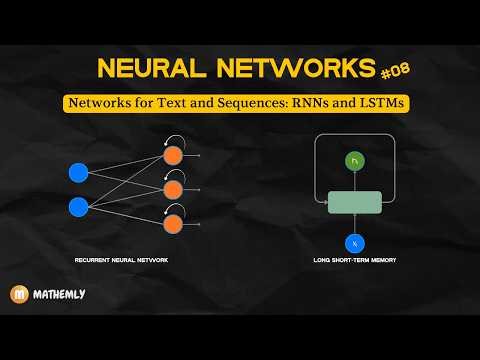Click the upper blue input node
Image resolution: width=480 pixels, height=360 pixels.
pos(78,172)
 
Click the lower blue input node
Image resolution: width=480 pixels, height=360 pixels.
pos(78,208)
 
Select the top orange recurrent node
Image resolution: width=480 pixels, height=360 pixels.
pos(172,156)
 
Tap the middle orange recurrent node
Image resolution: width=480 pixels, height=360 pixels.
pos(172,190)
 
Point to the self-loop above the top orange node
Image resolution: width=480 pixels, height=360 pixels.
pos(177,140)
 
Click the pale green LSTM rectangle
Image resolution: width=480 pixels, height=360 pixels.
pos(354,201)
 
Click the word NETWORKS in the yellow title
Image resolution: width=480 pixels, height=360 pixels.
pos(292,69)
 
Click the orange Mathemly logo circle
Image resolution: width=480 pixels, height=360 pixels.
pos(18,295)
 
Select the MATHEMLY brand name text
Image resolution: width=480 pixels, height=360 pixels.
pos(58,295)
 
